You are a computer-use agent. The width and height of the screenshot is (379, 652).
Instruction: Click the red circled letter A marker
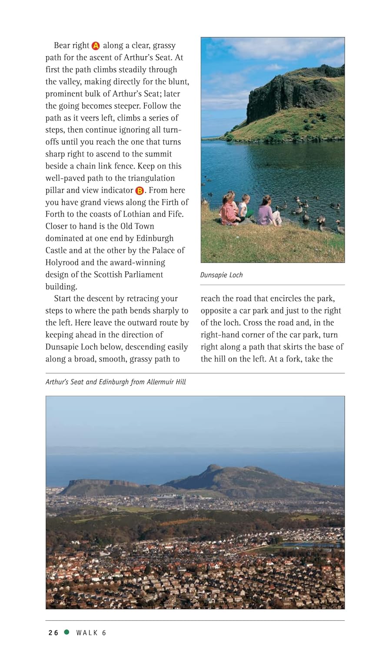pos(96,46)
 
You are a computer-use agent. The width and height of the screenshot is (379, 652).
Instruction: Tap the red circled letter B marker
pos(140,190)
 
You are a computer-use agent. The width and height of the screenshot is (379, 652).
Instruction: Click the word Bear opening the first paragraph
pos(62,46)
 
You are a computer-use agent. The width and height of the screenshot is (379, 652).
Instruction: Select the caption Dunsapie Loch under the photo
pos(221,275)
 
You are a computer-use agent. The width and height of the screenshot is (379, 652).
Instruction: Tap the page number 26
pos(53,633)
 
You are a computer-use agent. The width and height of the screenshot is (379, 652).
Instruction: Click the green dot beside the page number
pos(66,632)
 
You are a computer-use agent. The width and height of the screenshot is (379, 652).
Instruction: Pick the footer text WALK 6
pos(91,633)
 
